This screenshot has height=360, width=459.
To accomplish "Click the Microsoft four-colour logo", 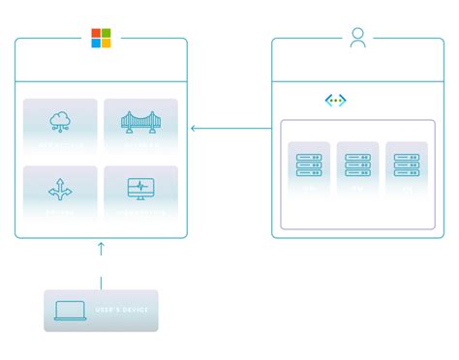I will coord(101,38).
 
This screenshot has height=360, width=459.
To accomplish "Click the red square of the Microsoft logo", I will coord(96,33).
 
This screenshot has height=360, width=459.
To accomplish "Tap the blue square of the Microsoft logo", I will coord(96,43).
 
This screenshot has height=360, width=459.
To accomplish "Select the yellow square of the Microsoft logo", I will coord(106,43).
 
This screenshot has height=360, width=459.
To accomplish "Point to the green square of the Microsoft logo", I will coord(106,33).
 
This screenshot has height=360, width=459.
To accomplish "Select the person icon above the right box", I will coord(358,38).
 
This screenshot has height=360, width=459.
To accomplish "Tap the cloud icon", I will coord(60,121).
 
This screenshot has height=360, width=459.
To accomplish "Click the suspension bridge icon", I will coord(140,121).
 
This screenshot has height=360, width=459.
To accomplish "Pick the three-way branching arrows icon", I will coord(60,190).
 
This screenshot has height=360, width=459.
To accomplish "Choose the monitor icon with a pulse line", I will coord(140,189).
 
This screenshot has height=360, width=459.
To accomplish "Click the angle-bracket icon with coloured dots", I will coord(335,101).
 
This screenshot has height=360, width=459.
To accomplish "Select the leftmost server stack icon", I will coord(309,165).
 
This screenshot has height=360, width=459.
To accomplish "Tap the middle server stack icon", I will coord(357,165).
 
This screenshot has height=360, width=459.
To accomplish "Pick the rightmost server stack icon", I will coord(406,165).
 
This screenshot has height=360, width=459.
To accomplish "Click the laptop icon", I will coord(70,311).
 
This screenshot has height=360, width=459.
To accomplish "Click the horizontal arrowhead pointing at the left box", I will coord(194,128).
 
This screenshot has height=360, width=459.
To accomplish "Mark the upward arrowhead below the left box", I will coord(101,248).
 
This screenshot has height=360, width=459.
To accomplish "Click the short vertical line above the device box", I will coord(101,283).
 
